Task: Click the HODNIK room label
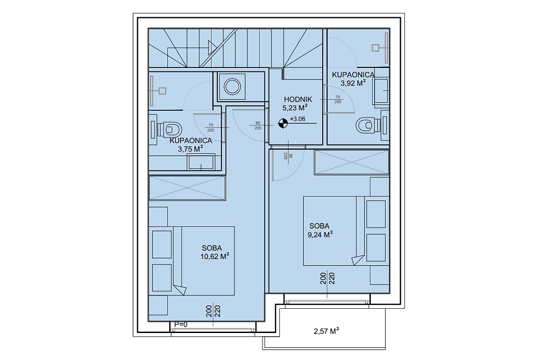click(x=298, y=99)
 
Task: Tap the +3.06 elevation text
click(x=297, y=119)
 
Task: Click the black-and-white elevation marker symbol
click(x=283, y=123)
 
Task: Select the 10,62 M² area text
click(x=215, y=256)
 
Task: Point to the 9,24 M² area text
click(x=320, y=234)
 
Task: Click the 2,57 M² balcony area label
click(x=326, y=331)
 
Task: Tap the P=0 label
click(x=180, y=324)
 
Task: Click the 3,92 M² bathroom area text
click(x=353, y=83)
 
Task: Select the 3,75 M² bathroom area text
click(x=190, y=149)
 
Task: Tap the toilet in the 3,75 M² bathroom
click(x=170, y=130)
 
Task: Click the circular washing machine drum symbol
click(x=232, y=86)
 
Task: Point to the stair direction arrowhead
click(x=212, y=48)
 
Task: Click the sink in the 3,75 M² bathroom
click(x=201, y=162)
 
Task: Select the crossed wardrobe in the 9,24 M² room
click(x=352, y=162)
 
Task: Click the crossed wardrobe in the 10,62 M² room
click(x=187, y=188)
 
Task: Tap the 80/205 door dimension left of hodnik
click(x=258, y=126)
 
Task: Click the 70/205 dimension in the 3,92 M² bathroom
click(x=338, y=99)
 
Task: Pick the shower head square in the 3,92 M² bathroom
click(x=375, y=48)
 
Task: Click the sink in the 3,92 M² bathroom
click(x=381, y=90)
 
